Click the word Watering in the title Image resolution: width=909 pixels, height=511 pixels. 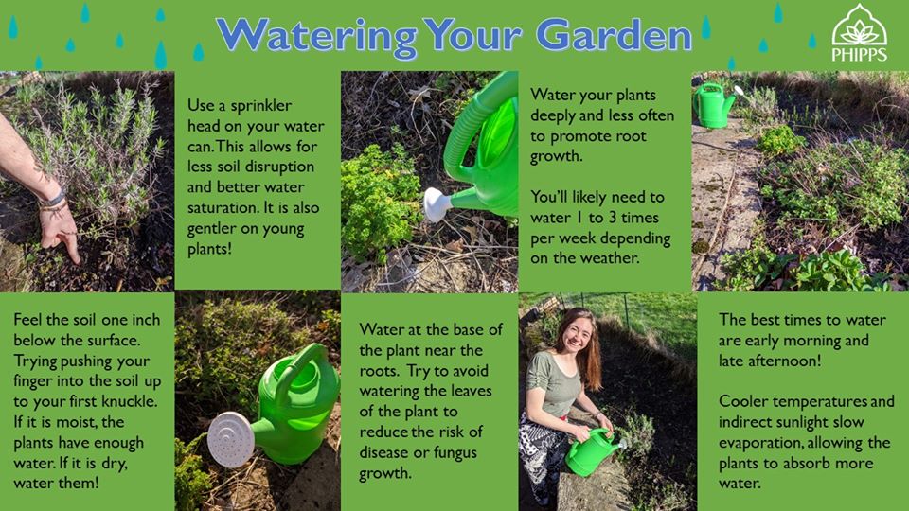click(316, 36)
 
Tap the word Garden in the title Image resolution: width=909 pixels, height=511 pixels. click(615, 35)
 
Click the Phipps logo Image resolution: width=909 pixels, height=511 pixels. click(859, 33)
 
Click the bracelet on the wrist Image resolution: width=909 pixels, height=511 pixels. click(53, 201)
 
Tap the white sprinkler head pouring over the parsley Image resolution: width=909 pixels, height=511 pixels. click(437, 204)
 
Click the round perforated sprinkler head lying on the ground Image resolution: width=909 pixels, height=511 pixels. click(231, 439)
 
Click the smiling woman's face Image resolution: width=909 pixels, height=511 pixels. click(575, 335)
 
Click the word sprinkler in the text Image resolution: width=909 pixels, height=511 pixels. click(261, 106)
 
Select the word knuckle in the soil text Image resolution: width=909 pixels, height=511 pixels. click(129, 401)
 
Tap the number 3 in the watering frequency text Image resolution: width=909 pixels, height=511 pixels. click(613, 218)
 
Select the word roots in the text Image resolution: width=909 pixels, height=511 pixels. click(379, 371)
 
